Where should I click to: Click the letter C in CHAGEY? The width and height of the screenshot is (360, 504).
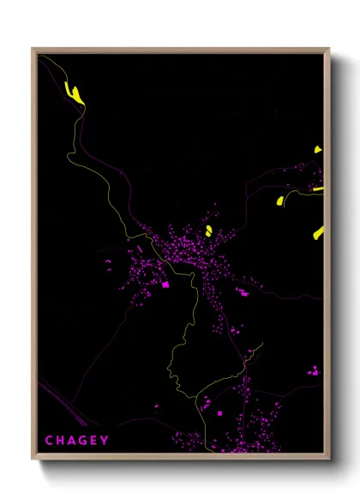(49, 441)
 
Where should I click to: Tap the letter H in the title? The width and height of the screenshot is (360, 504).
(61, 441)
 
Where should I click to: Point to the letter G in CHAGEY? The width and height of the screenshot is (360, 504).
(84, 441)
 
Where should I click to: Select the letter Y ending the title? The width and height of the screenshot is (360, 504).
(105, 441)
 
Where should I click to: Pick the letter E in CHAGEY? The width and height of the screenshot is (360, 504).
(95, 441)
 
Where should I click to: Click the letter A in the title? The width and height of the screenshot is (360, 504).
(72, 441)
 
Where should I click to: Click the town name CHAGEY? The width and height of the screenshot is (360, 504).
(77, 441)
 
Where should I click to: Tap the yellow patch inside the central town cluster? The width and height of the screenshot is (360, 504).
(208, 230)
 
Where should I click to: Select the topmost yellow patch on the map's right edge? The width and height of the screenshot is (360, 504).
(317, 150)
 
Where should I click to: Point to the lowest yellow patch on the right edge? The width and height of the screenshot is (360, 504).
(318, 231)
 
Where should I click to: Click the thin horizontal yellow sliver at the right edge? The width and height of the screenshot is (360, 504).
(318, 189)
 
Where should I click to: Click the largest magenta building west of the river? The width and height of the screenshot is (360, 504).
(165, 284)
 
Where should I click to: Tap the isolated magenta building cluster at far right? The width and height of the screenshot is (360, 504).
(314, 371)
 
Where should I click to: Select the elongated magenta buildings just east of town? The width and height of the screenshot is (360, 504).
(243, 292)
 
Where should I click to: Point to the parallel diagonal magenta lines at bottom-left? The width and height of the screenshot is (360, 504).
(60, 403)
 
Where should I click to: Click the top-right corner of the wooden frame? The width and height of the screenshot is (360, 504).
(328, 50)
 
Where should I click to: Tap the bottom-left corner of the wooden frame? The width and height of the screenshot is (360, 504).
(33, 460)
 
